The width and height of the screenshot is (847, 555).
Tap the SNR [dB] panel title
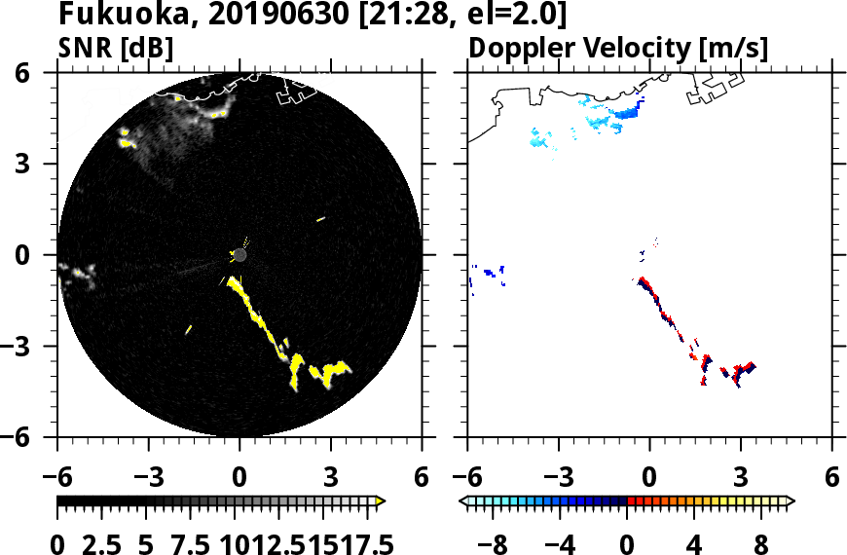(116, 47)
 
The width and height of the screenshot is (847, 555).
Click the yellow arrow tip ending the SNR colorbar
(381, 501)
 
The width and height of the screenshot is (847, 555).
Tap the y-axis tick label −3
(31, 347)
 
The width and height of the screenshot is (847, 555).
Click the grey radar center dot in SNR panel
(240, 255)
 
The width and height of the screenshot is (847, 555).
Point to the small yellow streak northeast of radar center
(320, 219)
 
